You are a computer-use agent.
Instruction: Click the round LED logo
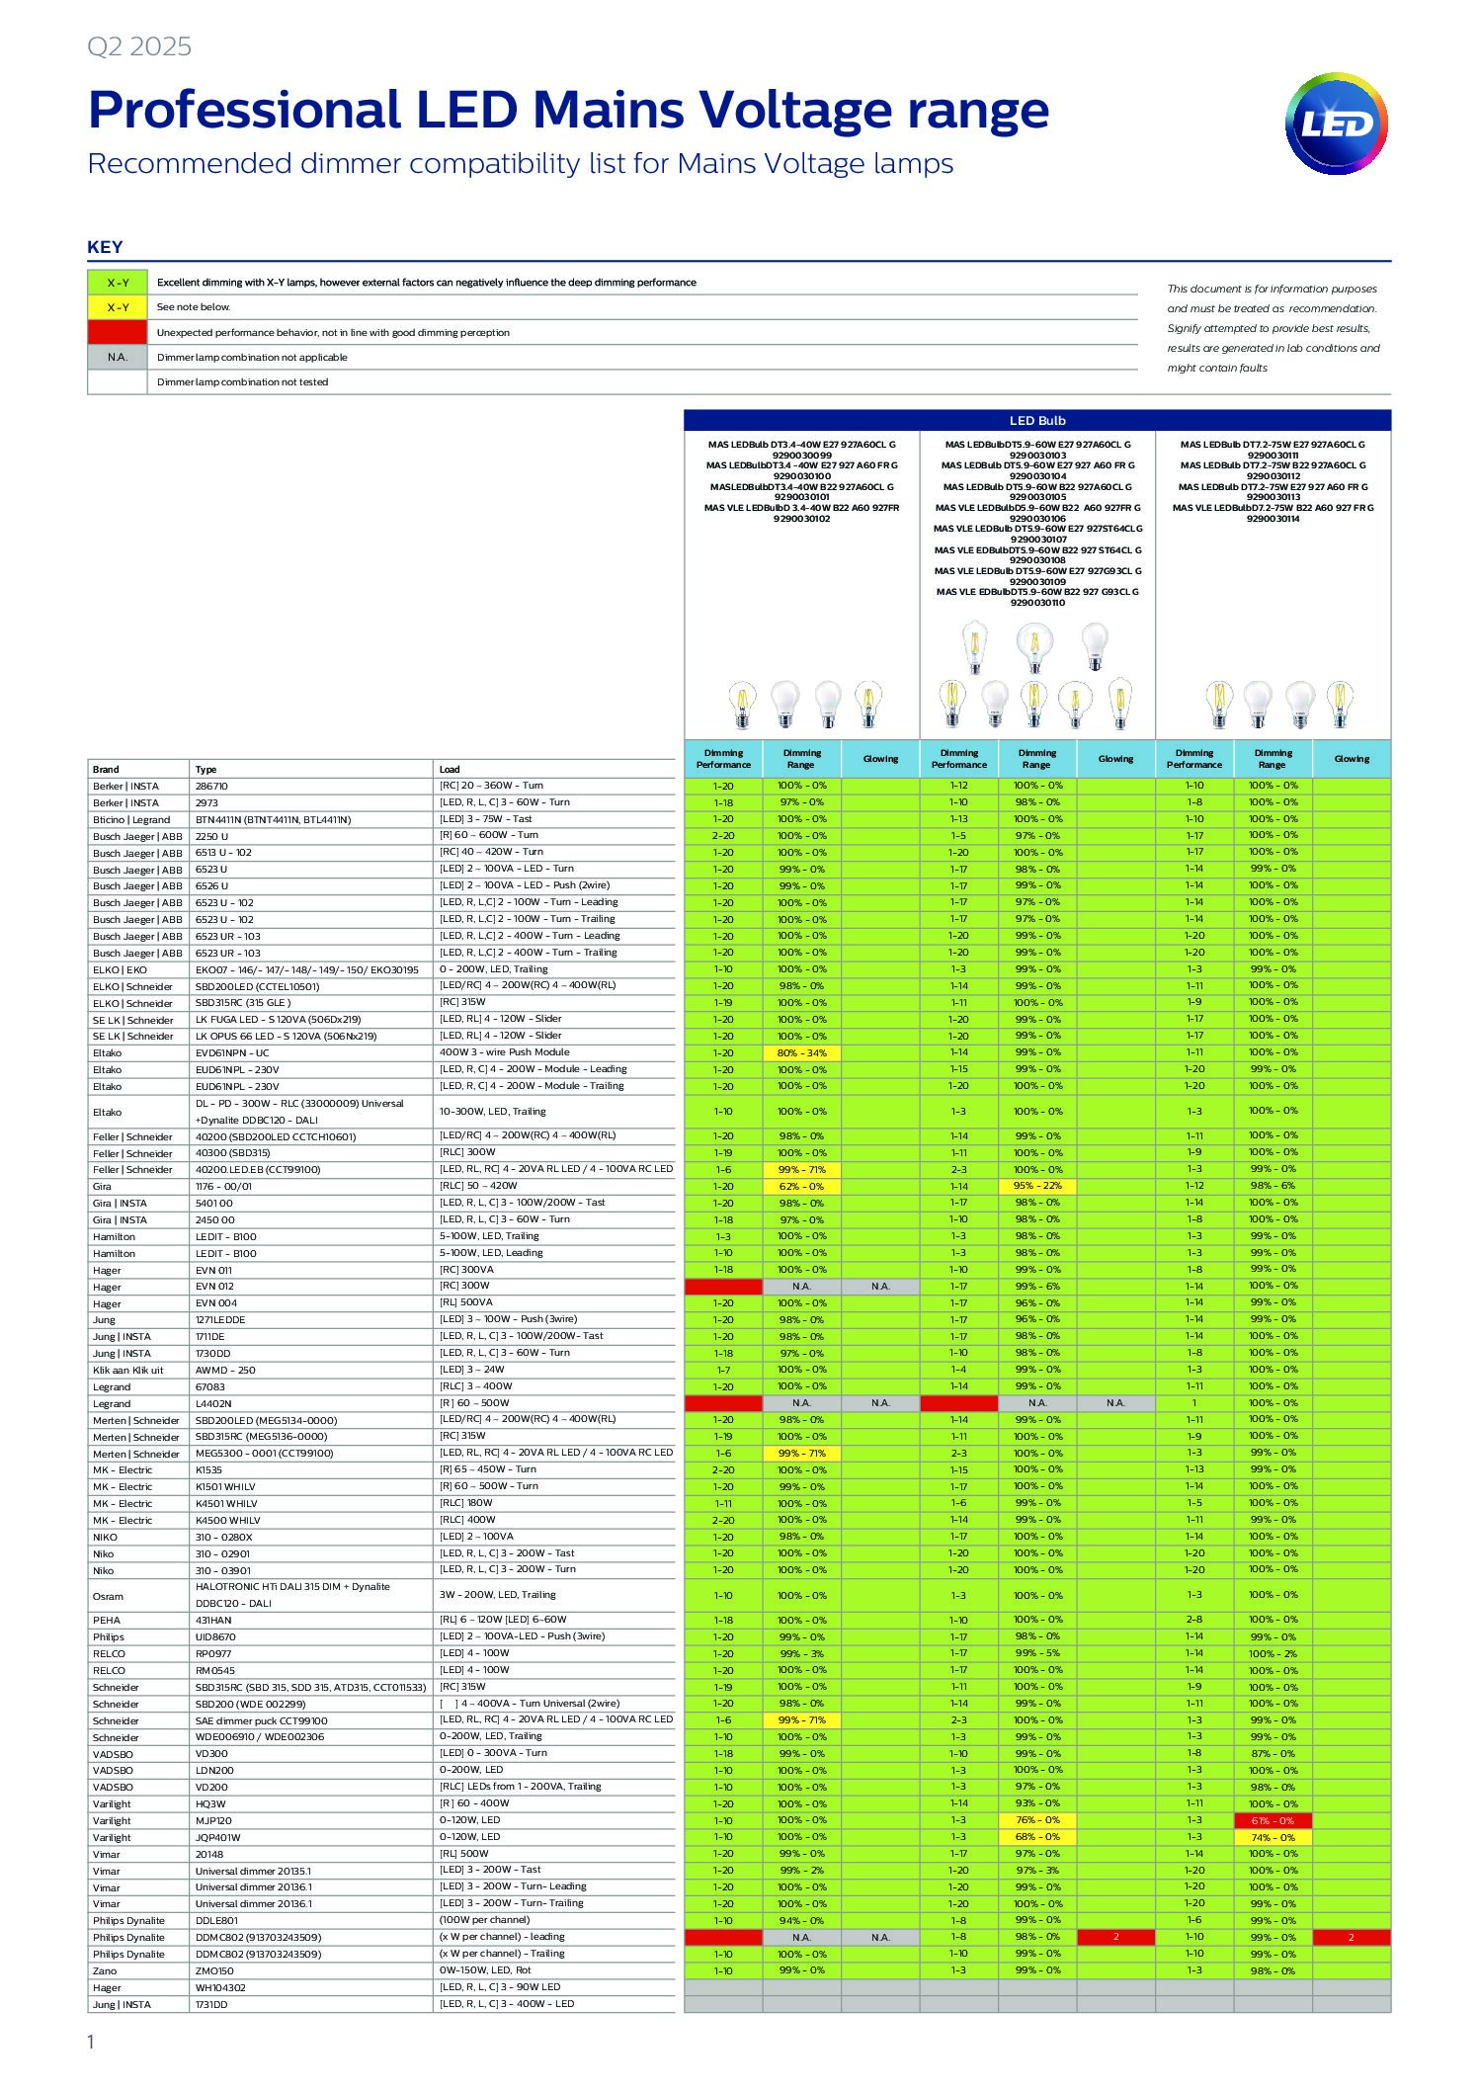coord(1336,124)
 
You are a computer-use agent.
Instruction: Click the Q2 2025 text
coord(139,46)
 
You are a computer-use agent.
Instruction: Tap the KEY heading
coord(105,247)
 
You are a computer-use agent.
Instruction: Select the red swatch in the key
coord(118,332)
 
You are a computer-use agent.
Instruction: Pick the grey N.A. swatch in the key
coord(118,357)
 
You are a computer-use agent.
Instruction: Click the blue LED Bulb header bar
coord(1036,420)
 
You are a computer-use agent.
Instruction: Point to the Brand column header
coord(106,769)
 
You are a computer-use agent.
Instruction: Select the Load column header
coord(450,769)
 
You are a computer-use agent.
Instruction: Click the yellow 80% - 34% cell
coord(801,1052)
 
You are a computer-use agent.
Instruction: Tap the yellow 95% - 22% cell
coord(1037,1186)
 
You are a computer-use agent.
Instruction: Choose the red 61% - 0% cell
coord(1273,1820)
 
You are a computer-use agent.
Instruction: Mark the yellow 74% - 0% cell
coord(1273,1837)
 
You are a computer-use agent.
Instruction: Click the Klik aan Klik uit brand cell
coord(128,1370)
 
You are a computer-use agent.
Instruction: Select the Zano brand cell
coord(105,1970)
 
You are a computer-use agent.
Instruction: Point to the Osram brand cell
coord(108,1596)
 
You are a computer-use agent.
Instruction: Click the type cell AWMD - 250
coord(225,1370)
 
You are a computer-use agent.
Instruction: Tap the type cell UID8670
coord(215,1636)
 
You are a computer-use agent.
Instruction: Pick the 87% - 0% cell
coord(1273,1753)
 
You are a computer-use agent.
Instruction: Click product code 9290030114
coord(1273,519)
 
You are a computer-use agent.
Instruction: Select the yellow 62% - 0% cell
coord(801,1186)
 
